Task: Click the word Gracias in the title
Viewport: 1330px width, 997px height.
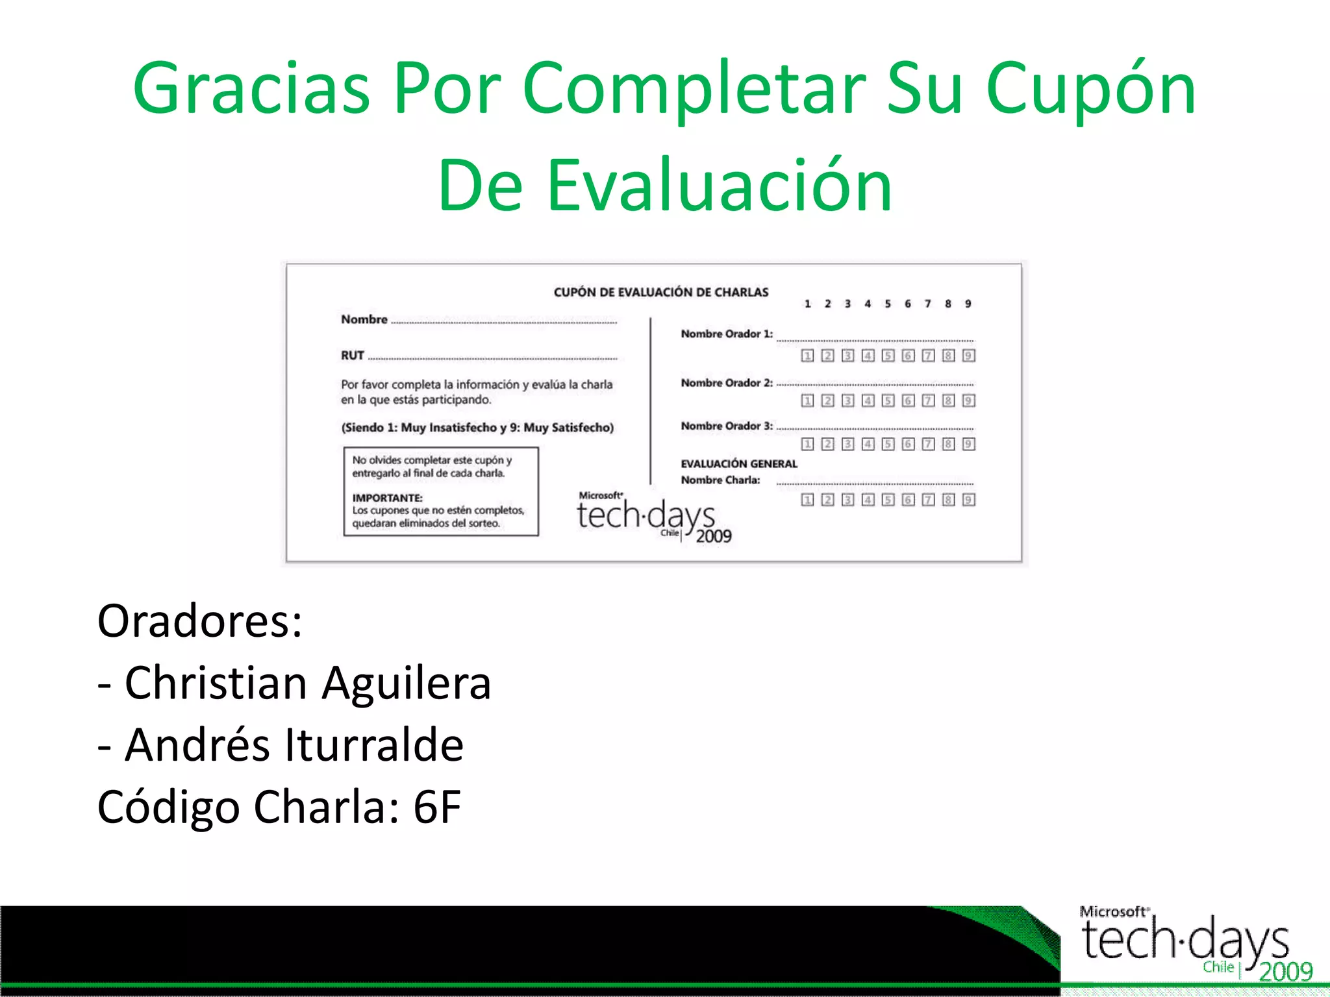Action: (x=251, y=88)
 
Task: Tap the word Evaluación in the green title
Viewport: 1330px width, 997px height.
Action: (x=719, y=186)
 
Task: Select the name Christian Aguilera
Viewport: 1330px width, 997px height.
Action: (x=308, y=683)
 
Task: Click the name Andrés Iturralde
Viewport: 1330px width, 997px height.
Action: (x=294, y=745)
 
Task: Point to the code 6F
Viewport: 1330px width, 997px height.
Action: (x=437, y=807)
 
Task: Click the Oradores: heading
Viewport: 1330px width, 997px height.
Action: (x=199, y=621)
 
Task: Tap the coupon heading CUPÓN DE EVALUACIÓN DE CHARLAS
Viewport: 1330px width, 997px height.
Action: (x=660, y=292)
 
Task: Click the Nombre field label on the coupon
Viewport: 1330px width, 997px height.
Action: (x=364, y=319)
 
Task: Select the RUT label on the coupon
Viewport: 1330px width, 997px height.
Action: (x=353, y=356)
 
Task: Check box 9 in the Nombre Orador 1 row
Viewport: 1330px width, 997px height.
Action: (x=968, y=356)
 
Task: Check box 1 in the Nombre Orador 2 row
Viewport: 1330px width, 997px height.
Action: (x=807, y=400)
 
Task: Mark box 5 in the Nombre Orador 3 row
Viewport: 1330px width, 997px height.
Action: (x=888, y=444)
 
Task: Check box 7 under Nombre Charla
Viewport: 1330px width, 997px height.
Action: (x=928, y=499)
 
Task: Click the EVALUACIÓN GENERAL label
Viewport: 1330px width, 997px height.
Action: (x=738, y=463)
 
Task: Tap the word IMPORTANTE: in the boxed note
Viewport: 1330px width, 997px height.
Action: (x=387, y=498)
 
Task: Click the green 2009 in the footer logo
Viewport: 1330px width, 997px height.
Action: (x=1285, y=972)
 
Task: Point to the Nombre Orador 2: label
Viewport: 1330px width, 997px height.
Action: (x=726, y=383)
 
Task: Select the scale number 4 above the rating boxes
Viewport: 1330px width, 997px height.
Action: (x=868, y=304)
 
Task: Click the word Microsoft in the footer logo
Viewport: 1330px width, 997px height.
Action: (x=1112, y=911)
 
